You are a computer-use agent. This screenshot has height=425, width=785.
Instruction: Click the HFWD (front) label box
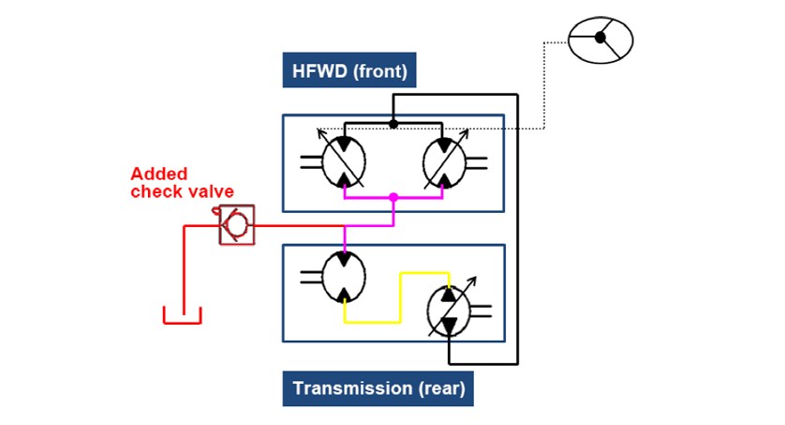[350, 69]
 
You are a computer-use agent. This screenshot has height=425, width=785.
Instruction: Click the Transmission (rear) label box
[378, 388]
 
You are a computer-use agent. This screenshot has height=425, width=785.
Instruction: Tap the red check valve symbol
[236, 225]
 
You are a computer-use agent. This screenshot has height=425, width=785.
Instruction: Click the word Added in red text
[159, 174]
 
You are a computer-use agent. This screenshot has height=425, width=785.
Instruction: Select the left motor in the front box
[343, 161]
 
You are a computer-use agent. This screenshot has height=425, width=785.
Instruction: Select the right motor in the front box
[443, 161]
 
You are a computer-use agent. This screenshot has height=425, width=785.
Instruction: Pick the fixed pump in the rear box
[344, 275]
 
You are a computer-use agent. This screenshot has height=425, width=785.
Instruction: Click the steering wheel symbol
[600, 39]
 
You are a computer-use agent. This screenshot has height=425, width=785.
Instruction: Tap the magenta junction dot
[393, 198]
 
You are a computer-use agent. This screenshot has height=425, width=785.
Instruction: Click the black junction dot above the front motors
[393, 123]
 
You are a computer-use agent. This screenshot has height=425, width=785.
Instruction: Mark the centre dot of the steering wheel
[600, 38]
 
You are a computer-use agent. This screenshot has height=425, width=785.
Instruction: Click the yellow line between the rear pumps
[401, 298]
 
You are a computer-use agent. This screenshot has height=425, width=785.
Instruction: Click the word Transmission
[345, 388]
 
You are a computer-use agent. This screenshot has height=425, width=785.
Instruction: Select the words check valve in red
[182, 191]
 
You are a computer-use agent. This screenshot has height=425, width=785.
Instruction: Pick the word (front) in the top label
[378, 69]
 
